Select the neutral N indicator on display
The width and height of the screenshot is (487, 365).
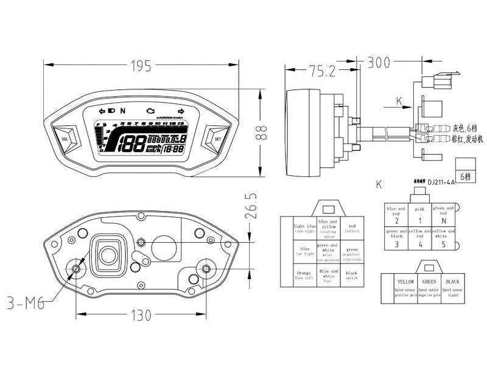pos(122,111)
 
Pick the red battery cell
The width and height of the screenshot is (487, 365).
pos(351,228)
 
